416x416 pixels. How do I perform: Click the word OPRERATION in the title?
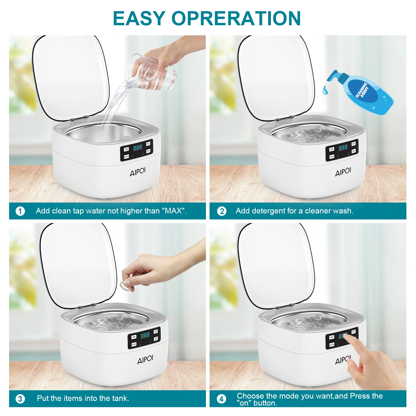[x=236, y=18]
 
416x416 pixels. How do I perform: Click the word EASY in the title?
[x=139, y=18]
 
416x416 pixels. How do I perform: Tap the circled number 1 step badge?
[x=20, y=211]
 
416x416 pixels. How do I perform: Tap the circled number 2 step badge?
[x=222, y=211]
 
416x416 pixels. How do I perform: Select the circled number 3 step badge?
[x=20, y=399]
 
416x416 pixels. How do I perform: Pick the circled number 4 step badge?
[x=221, y=399]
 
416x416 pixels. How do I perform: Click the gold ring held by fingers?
[x=125, y=285]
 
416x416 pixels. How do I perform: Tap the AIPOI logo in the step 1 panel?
[x=138, y=172]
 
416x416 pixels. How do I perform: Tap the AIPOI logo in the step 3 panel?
[x=145, y=359]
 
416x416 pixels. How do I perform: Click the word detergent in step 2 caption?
[x=268, y=211]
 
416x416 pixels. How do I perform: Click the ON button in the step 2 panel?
[x=331, y=149]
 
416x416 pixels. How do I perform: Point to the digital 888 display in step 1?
[x=138, y=148]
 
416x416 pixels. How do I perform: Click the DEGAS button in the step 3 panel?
[x=134, y=344]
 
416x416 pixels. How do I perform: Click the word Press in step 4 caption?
[x=360, y=396]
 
